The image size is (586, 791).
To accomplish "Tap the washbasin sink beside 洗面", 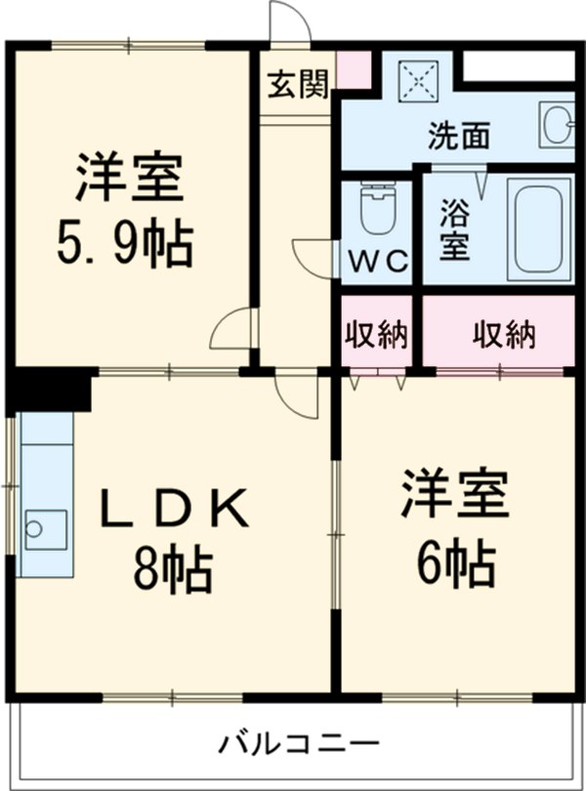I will coord(559,126).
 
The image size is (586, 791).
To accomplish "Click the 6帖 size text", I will coord(456,561).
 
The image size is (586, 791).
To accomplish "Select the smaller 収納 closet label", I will coord(378,335).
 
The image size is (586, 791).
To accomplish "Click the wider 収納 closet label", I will coord(504,335).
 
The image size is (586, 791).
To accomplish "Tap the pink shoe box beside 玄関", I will coord(354,66).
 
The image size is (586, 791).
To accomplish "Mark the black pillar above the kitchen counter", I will coord(51,389).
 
